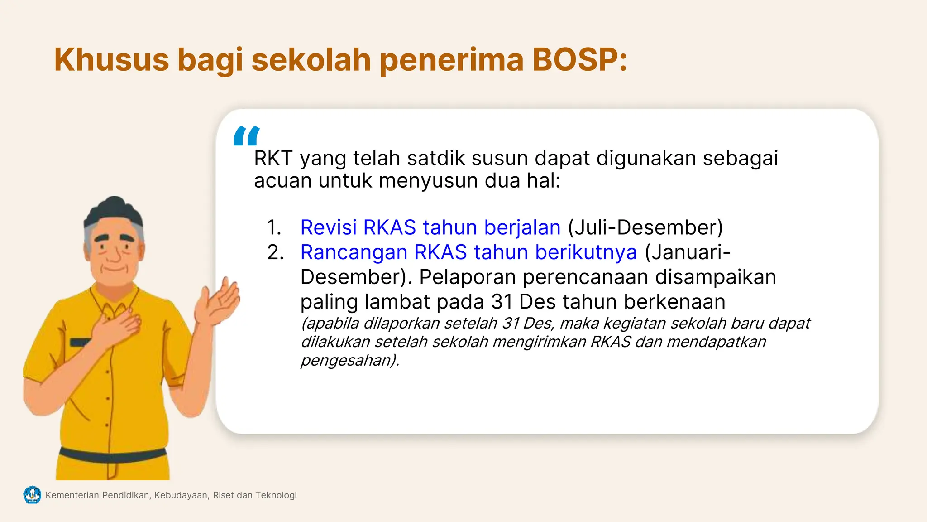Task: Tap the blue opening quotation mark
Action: [247, 135]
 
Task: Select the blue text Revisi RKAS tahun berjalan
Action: [430, 227]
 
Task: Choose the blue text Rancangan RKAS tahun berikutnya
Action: [468, 252]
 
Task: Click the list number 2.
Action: [275, 252]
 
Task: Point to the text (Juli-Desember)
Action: [645, 227]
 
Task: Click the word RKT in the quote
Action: [273, 159]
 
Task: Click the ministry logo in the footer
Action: [32, 495]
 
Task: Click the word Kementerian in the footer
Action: [72, 495]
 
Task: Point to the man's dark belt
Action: [113, 454]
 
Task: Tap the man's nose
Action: [114, 254]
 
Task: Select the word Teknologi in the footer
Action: [276, 495]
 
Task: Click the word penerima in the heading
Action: [451, 60]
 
